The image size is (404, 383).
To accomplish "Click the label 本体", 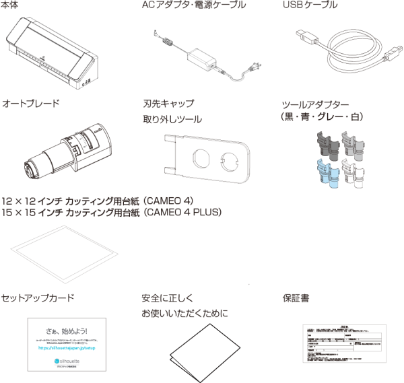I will (x=11, y=6).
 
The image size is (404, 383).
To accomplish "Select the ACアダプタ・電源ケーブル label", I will (x=194, y=6).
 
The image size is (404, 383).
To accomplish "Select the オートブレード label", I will (x=31, y=104).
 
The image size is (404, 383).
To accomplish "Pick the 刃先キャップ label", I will (x=168, y=104).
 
